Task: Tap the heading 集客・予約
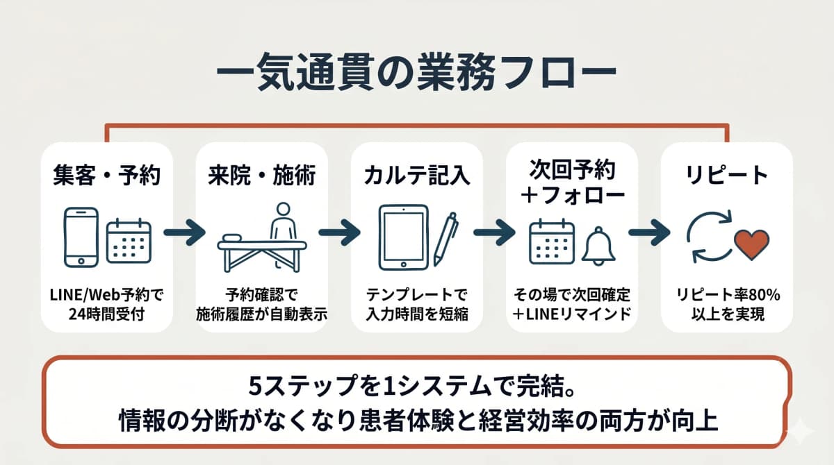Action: tap(106, 176)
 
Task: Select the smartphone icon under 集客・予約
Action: tap(81, 237)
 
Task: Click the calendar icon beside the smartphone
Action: tap(129, 241)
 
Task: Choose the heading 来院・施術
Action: tap(261, 176)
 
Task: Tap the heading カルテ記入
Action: tap(416, 176)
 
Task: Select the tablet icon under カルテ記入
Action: tap(403, 236)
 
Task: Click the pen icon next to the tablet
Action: tap(445, 237)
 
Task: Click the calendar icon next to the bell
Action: tap(551, 241)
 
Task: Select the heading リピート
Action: tap(726, 176)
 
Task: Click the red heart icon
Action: tap(751, 244)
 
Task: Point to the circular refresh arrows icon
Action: tap(707, 237)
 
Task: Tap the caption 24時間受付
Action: tap(106, 314)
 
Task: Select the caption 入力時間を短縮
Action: tap(416, 314)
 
